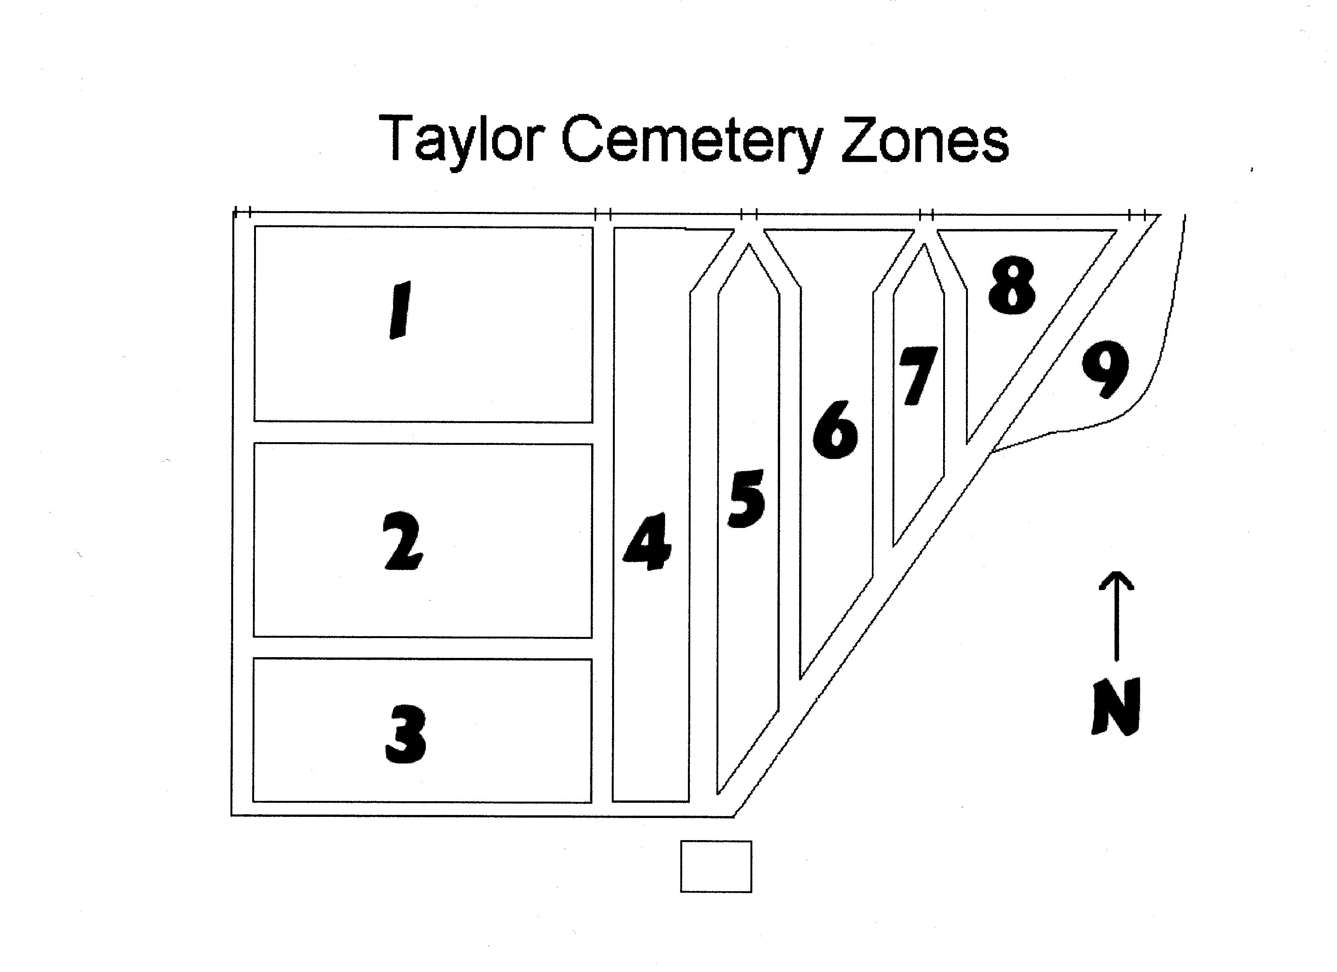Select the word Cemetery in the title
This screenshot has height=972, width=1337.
[x=691, y=141]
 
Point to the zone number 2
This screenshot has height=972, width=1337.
[x=403, y=541]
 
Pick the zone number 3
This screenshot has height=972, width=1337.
[x=406, y=734]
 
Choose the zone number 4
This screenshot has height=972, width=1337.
[x=648, y=541]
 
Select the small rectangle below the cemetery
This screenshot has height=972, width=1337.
[x=716, y=866]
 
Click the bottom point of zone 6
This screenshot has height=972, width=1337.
[x=801, y=677]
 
